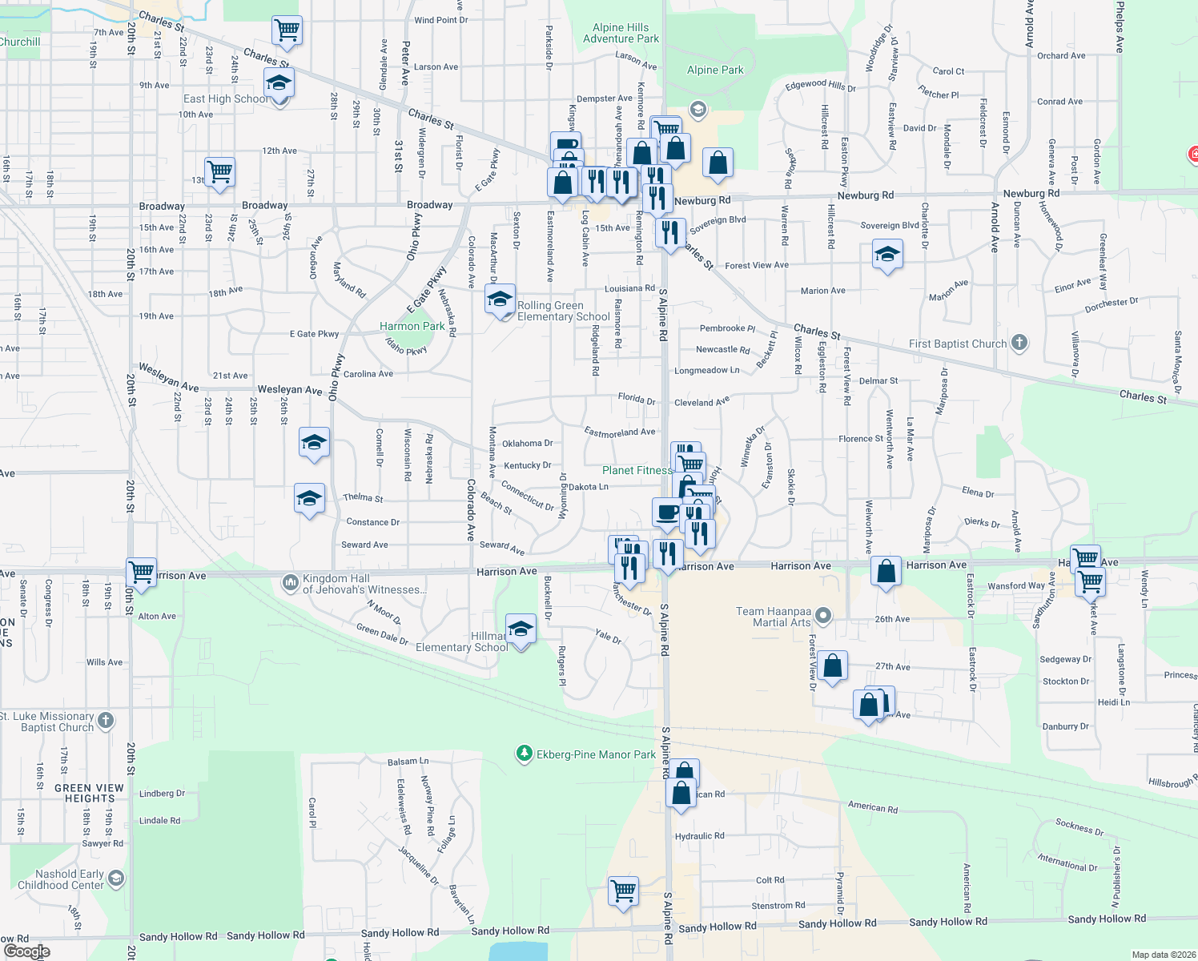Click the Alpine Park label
click(x=715, y=70)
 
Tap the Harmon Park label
click(x=412, y=326)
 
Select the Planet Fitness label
click(x=637, y=470)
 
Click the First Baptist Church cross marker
click(x=1019, y=343)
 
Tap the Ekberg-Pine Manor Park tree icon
click(x=524, y=754)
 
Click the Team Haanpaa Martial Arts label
click(x=773, y=617)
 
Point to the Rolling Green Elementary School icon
click(x=500, y=300)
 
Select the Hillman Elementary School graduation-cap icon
click(x=521, y=629)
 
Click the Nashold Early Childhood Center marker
click(x=116, y=879)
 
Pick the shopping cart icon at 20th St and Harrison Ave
click(x=142, y=573)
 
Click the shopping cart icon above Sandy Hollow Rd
click(x=623, y=891)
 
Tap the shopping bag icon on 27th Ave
click(x=832, y=665)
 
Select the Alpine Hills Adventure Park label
click(x=621, y=33)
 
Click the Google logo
click(x=26, y=951)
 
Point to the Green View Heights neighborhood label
click(x=90, y=793)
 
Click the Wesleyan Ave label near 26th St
click(x=289, y=390)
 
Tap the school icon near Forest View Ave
click(x=886, y=255)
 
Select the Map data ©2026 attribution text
click(x=1163, y=955)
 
